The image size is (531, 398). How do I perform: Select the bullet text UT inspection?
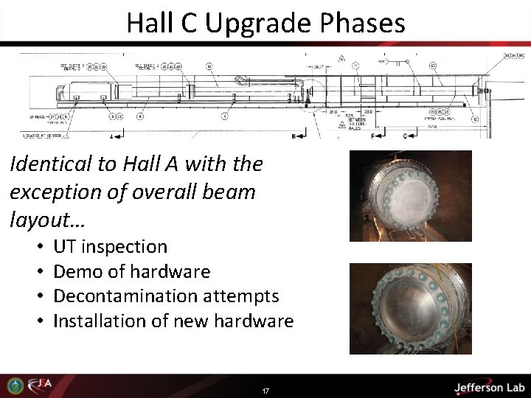pyautogui.click(x=110, y=246)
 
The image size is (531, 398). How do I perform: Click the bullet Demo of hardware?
pyautogui.click(x=131, y=271)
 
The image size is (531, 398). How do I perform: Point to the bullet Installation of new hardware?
pyautogui.click(x=173, y=321)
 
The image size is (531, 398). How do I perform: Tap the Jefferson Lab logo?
pyautogui.click(x=488, y=387)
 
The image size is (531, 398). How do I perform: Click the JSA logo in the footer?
pyautogui.click(x=38, y=385)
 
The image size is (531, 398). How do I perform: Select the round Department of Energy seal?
pyautogui.click(x=13, y=385)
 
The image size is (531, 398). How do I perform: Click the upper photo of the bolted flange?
pyautogui.click(x=410, y=195)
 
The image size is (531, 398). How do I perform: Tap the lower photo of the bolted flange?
pyautogui.click(x=410, y=308)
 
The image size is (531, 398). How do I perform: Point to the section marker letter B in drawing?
pyautogui.click(x=294, y=136)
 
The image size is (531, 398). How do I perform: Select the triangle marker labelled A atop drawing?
pyautogui.click(x=341, y=58)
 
